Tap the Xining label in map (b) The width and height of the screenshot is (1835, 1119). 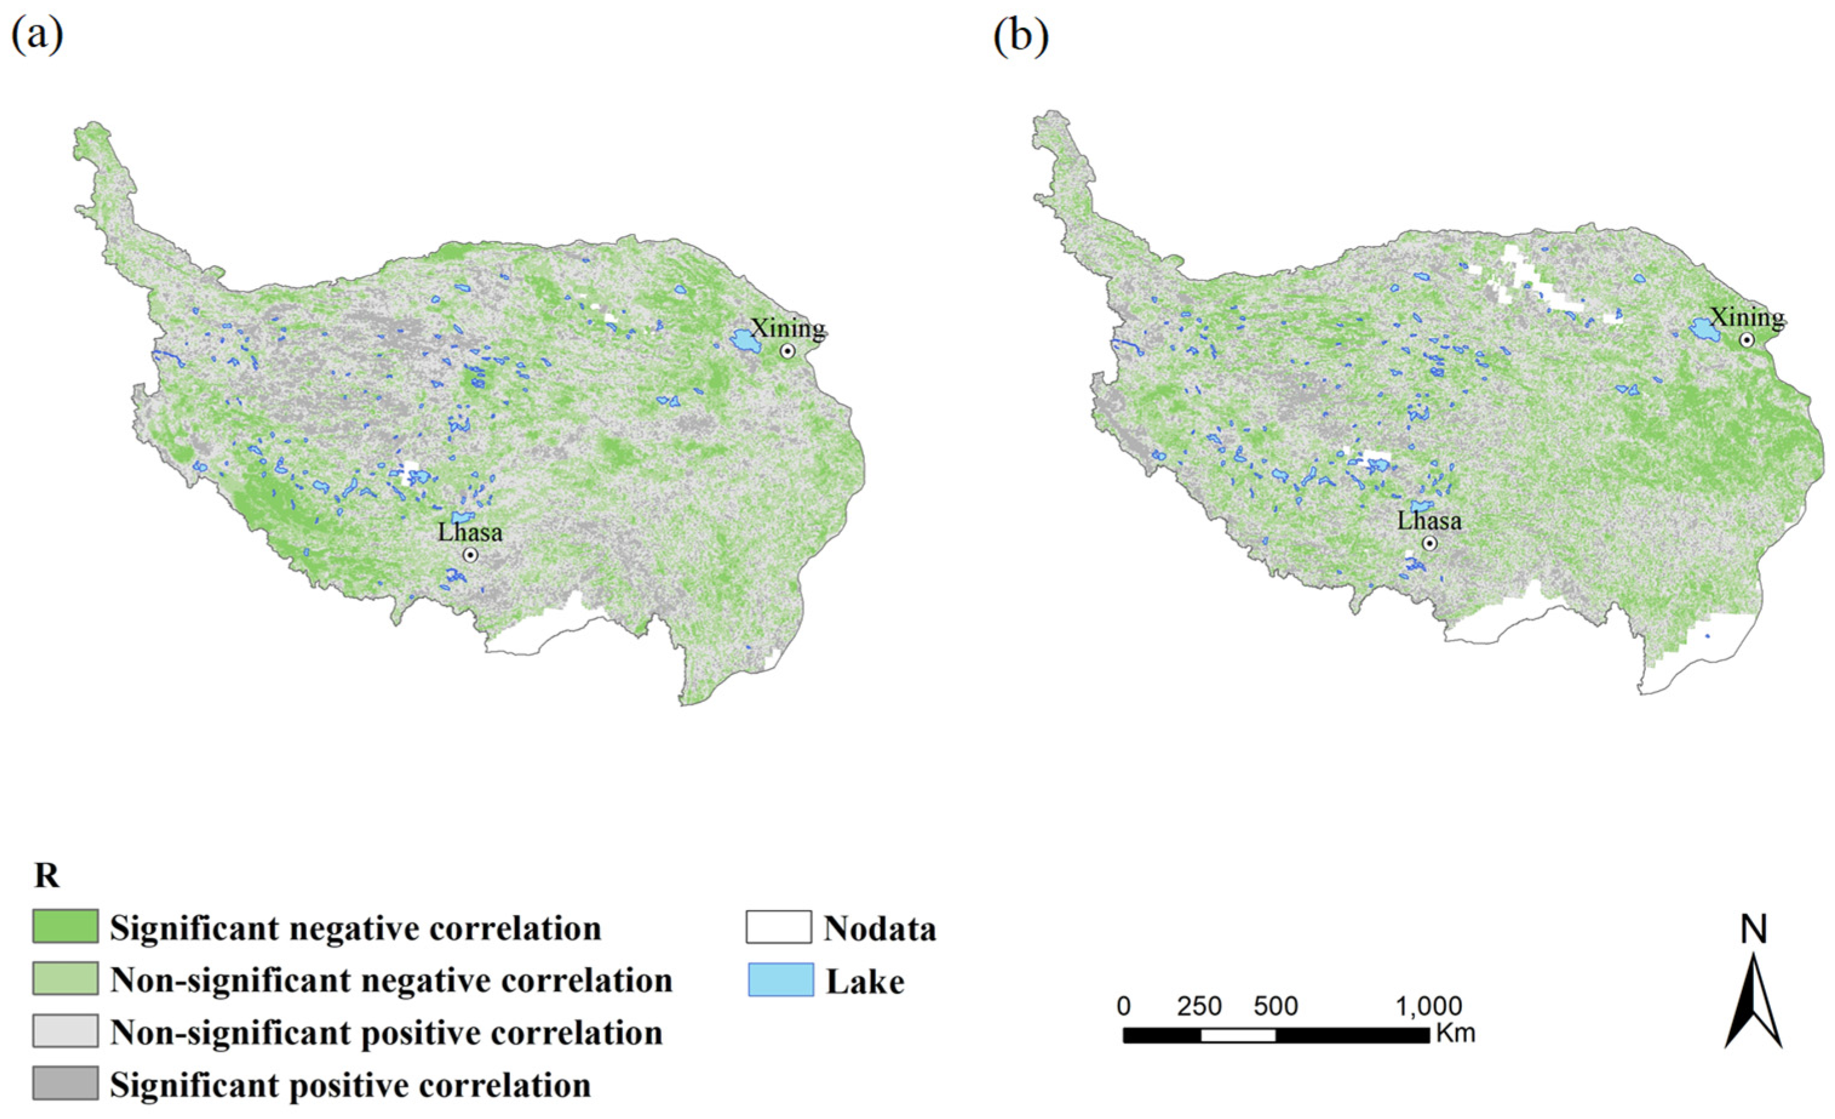click(x=1747, y=318)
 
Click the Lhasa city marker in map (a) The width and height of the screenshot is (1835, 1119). click(x=470, y=555)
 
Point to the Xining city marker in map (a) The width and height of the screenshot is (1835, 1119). click(x=787, y=351)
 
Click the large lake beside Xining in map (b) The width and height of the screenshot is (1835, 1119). click(x=1702, y=329)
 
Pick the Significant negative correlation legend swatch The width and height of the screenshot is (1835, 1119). click(x=65, y=926)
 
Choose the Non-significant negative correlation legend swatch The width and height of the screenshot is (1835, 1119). click(x=65, y=978)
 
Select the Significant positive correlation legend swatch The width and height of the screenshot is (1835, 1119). click(x=65, y=1083)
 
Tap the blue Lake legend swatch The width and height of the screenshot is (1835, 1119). click(x=780, y=979)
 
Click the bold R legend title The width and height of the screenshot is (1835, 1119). click(x=47, y=876)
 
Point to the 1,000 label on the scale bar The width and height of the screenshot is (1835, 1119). click(x=1428, y=1006)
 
